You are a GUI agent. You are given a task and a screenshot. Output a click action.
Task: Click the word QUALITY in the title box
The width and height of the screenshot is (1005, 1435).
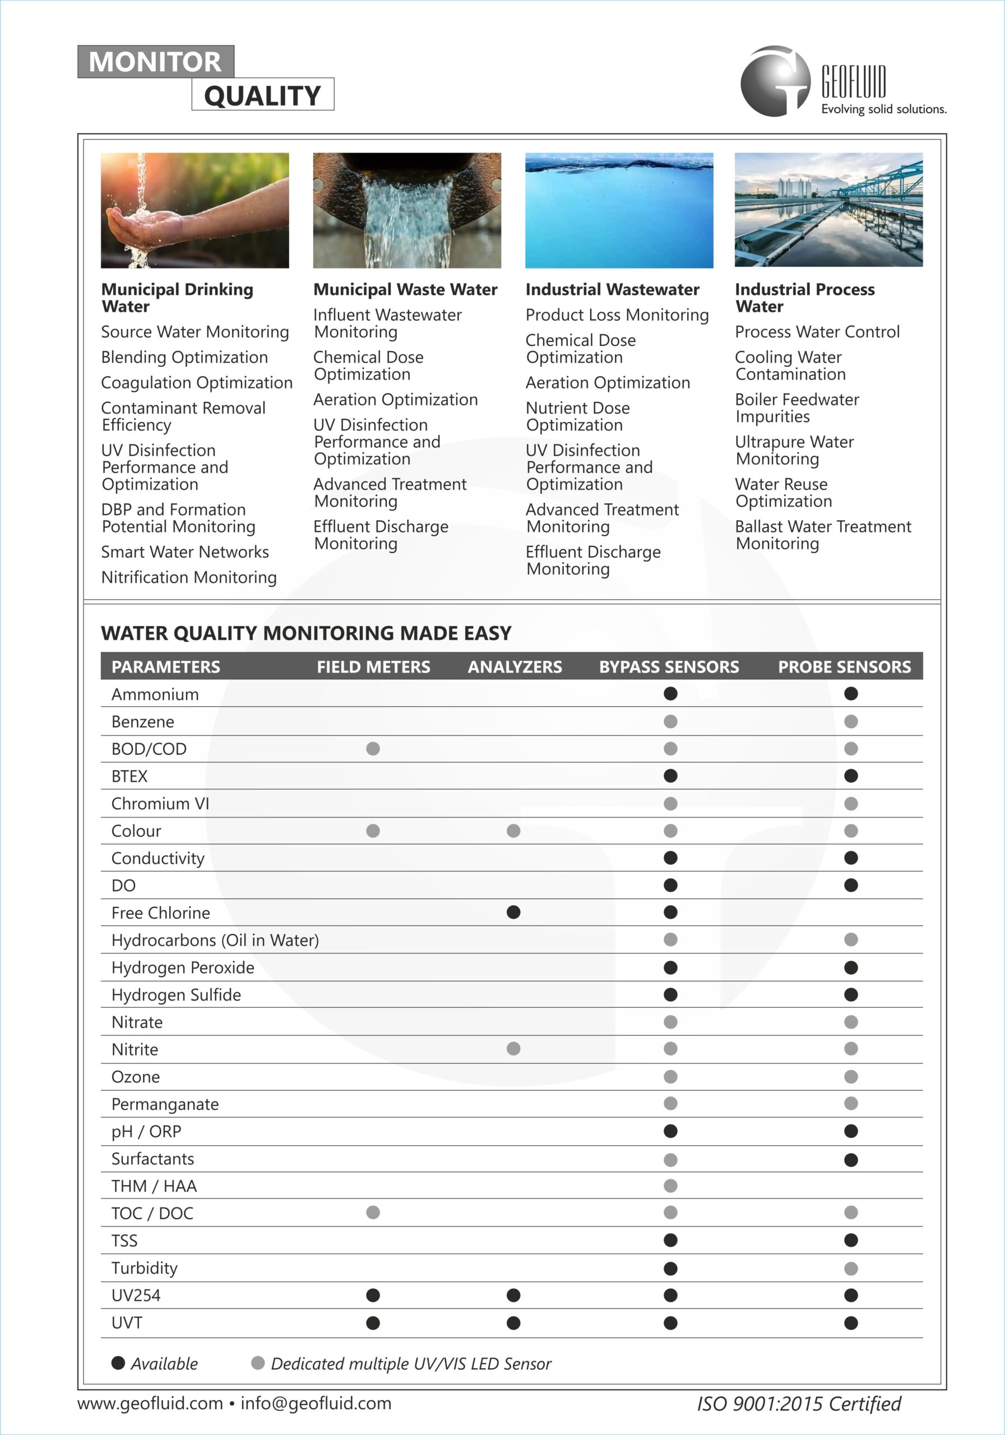coord(262,96)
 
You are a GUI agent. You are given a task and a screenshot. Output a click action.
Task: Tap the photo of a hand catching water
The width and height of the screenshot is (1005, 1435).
coord(195,211)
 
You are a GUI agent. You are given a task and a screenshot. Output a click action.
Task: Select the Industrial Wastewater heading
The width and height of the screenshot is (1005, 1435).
coord(612,289)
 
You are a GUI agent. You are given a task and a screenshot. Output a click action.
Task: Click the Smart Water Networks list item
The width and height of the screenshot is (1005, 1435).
coord(185,552)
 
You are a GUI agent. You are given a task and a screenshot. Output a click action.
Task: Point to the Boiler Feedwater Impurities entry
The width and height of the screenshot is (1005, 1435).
coord(797,408)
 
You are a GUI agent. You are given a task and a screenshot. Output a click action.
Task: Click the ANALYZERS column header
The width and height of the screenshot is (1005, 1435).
coord(515,667)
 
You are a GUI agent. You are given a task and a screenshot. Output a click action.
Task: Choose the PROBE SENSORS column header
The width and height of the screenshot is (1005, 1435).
coord(844,667)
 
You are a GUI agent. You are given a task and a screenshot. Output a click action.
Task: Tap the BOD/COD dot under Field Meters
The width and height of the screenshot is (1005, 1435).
coord(373,749)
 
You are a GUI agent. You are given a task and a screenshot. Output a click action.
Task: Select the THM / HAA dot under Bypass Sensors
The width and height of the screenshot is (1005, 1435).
coord(670,1186)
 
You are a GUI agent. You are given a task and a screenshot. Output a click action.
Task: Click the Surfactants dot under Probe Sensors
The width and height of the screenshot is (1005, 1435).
coord(851,1160)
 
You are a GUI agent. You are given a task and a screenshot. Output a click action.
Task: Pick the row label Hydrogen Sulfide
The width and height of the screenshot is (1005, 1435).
coord(176,995)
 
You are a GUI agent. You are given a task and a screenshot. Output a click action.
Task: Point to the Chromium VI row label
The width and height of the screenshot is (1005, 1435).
coord(160,804)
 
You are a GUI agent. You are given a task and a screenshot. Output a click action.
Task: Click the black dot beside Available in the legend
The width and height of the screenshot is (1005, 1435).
coord(118,1363)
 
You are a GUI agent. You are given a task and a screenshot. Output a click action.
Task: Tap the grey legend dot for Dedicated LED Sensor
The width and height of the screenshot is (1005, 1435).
coord(257,1363)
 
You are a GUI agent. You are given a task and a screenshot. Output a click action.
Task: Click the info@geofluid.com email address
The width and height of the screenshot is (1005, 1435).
coord(316,1403)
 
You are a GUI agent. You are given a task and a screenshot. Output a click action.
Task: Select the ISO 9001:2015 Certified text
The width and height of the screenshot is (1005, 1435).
coord(799,1404)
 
